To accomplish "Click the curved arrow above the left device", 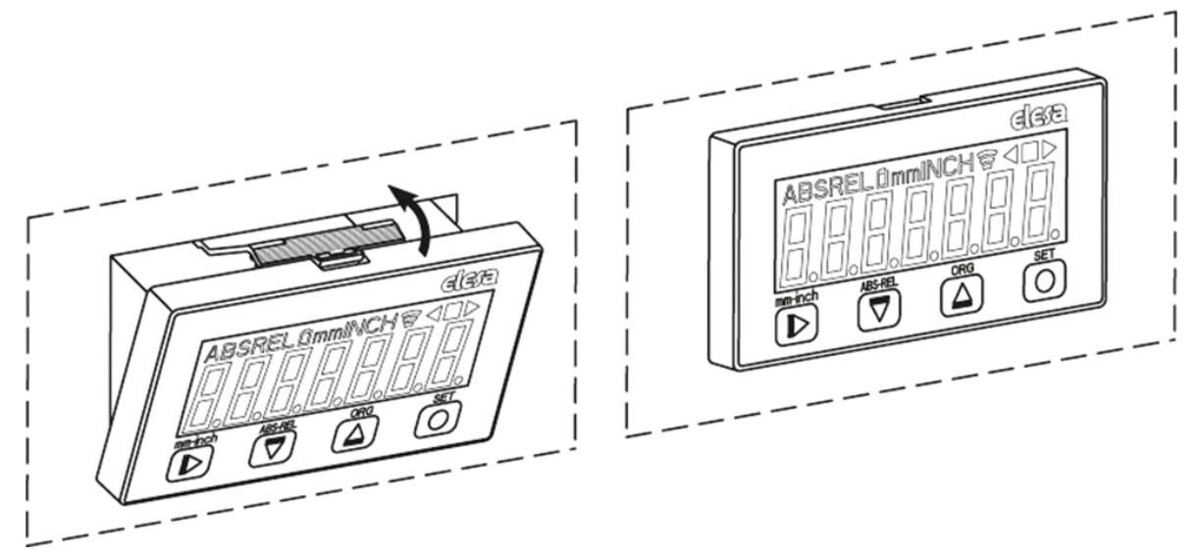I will click(413, 216).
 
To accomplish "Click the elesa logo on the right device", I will click(1037, 121).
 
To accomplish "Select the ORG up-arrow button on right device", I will click(958, 295).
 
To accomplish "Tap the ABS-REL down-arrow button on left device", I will click(267, 449).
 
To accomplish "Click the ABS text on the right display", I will click(805, 192).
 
